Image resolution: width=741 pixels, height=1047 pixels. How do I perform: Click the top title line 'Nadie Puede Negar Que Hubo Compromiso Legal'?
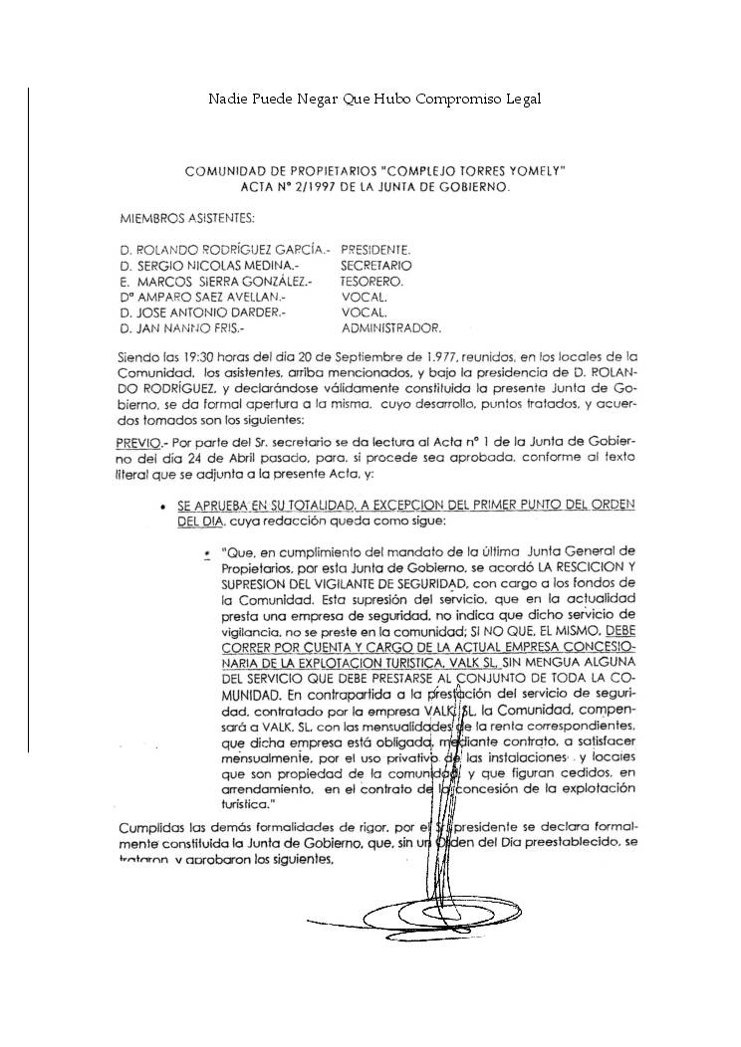(374, 100)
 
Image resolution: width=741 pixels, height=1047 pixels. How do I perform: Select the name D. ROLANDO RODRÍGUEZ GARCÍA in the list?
(225, 250)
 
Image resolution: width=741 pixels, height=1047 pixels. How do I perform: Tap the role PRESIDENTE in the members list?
(375, 250)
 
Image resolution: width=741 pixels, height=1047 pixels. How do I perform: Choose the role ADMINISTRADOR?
(390, 326)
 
